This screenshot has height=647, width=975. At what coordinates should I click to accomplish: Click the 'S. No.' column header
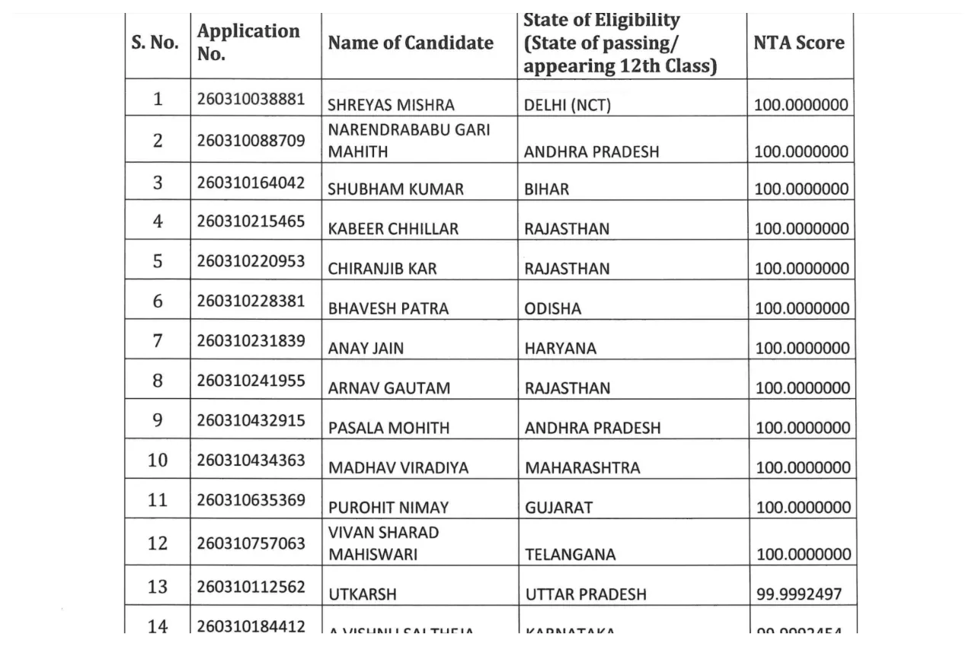click(155, 43)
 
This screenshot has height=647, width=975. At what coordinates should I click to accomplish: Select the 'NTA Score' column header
click(798, 43)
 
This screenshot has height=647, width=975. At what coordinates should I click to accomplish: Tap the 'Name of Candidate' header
click(411, 43)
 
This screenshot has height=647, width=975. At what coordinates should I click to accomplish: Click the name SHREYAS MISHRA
click(391, 105)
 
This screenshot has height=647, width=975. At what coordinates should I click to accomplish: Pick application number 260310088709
click(251, 141)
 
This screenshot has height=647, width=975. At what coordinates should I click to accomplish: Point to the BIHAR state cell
click(546, 189)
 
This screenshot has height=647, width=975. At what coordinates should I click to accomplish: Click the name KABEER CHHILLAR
click(393, 228)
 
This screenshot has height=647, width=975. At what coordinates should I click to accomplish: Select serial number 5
click(158, 262)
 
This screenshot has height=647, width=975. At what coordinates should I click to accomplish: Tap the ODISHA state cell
click(552, 308)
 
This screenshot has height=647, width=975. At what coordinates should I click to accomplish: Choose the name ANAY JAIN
click(366, 348)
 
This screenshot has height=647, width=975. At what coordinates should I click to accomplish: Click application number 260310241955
click(251, 381)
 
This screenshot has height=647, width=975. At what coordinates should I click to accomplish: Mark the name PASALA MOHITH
click(388, 428)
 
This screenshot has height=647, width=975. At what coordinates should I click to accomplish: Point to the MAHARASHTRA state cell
click(582, 467)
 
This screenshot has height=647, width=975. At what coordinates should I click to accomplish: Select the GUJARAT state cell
click(558, 507)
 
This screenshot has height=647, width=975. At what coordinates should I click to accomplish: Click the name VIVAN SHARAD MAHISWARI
click(383, 543)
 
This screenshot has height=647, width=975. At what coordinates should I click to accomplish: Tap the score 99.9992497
click(799, 594)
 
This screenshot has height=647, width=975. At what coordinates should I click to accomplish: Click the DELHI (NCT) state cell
click(567, 105)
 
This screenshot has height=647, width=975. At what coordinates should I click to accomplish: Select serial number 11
click(158, 500)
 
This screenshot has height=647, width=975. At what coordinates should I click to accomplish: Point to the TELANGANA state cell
click(570, 555)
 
